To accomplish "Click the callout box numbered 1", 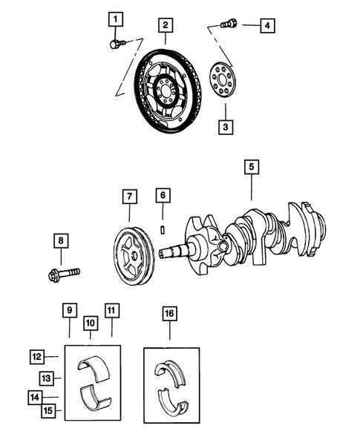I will pyautogui.click(x=114, y=19).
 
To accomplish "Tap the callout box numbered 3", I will pyautogui.click(x=224, y=128).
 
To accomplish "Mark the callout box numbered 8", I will pyautogui.click(x=60, y=240).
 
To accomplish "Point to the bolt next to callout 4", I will pyautogui.click(x=229, y=24).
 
